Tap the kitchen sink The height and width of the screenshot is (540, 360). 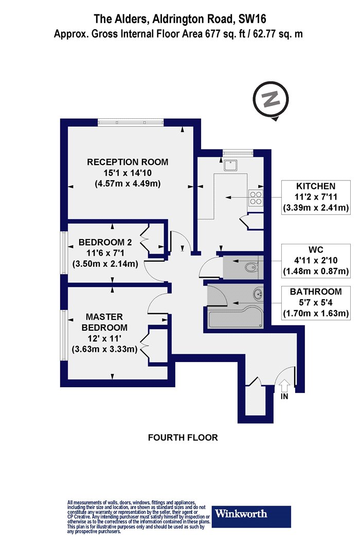(x=229, y=166)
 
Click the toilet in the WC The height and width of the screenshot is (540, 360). (x=251, y=267)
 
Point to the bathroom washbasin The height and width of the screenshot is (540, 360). (x=257, y=294)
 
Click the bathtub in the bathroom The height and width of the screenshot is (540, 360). (x=236, y=318)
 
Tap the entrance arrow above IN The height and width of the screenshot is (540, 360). (x=284, y=385)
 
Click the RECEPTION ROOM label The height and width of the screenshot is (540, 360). (x=128, y=162)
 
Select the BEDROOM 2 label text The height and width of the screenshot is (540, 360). (x=105, y=242)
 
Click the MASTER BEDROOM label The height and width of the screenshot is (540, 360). (x=104, y=322)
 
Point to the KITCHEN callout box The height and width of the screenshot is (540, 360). (x=316, y=197)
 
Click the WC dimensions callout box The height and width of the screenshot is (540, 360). (x=316, y=261)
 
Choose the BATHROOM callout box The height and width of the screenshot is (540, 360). (x=316, y=303)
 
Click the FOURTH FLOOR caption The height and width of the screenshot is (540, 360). (x=183, y=438)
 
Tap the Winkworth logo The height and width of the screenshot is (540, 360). (x=251, y=516)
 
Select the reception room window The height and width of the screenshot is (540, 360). (x=130, y=122)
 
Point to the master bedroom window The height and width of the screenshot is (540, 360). (x=64, y=335)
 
